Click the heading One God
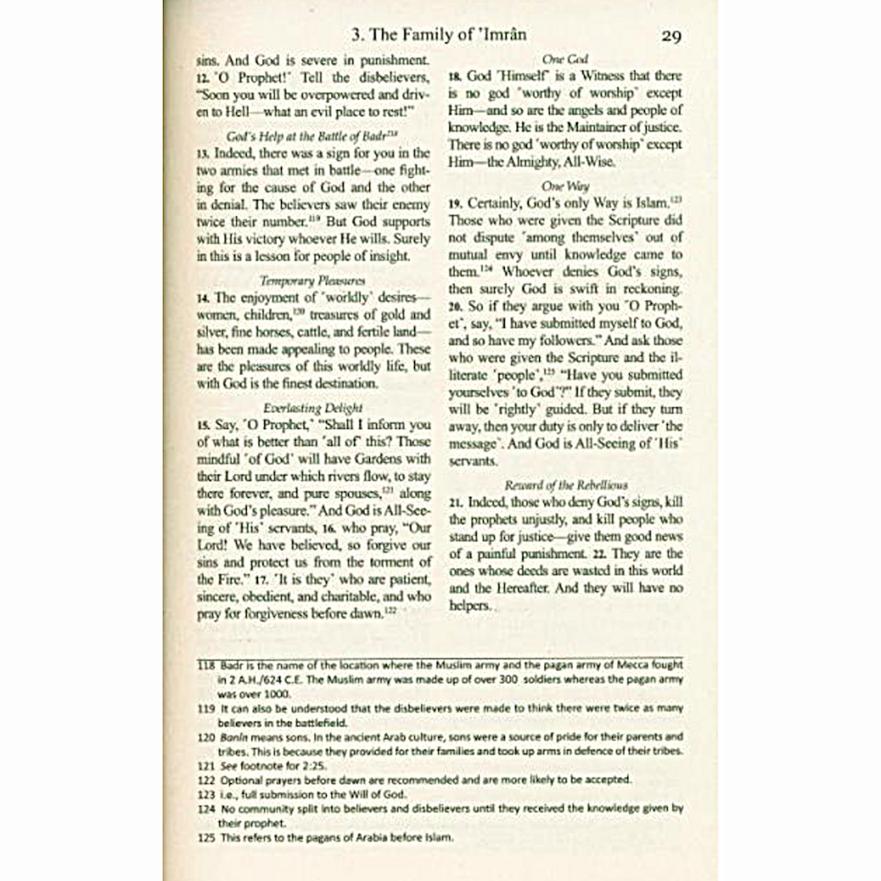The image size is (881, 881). coord(565,59)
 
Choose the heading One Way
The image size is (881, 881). coord(565,187)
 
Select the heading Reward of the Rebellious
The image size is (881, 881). coord(564,485)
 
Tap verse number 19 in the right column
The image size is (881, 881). coord(455,204)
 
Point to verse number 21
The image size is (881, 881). coord(455,501)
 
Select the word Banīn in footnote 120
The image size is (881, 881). coord(234,736)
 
